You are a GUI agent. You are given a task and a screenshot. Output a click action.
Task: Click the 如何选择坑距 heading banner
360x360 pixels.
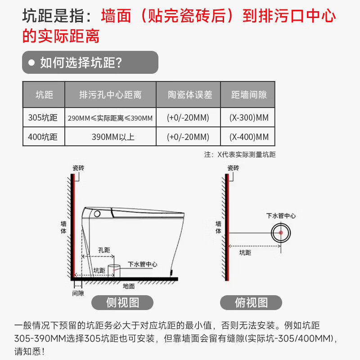click(90, 63)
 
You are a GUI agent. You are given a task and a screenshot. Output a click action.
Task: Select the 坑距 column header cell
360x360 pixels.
click(44, 95)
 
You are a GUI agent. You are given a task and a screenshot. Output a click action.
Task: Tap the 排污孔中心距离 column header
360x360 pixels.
click(110, 95)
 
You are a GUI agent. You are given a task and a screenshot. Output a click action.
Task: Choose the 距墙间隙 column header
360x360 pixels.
click(249, 95)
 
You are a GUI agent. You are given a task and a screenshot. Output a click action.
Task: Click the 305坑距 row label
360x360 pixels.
click(43, 118)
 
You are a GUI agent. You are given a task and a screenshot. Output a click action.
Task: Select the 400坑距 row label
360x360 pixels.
click(43, 137)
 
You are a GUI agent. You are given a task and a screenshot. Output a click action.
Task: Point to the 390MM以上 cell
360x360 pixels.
click(110, 137)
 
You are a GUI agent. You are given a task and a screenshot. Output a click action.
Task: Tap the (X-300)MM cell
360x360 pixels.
click(249, 118)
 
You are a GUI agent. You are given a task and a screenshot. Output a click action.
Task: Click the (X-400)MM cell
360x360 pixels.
click(249, 137)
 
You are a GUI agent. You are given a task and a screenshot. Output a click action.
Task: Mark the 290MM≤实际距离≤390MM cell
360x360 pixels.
click(110, 118)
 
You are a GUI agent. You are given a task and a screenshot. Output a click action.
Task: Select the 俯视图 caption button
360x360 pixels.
click(251, 302)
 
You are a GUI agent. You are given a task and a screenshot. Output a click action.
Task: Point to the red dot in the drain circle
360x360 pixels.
click(280, 232)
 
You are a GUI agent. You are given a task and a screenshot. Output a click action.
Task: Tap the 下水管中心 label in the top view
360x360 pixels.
click(281, 216)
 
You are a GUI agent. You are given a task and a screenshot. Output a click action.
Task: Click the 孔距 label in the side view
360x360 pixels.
click(104, 250)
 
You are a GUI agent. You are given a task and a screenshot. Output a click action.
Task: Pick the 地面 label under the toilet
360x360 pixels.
click(129, 286)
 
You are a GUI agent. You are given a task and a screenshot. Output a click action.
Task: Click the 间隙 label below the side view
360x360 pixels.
click(78, 293)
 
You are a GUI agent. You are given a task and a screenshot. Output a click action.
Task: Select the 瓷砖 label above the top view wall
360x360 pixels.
click(233, 168)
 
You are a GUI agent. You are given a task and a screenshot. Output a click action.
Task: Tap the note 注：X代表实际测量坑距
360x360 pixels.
click(240, 154)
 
